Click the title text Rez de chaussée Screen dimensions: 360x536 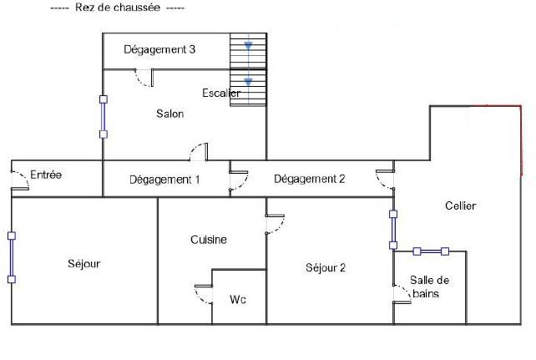tap(117, 8)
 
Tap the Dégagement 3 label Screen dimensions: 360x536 tap(159, 49)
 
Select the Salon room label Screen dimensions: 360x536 tap(169, 114)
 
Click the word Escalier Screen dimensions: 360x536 tap(221, 93)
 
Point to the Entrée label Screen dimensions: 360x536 tap(46, 175)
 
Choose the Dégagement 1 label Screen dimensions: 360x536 tap(164, 179)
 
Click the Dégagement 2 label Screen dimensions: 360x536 tap(309, 178)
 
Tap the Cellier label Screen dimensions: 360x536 tap(460, 205)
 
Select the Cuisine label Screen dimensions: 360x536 tap(208, 240)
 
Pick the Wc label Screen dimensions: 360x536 tap(237, 299)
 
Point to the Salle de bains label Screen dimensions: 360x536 tap(430, 286)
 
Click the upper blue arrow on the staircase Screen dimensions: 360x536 tap(248, 47)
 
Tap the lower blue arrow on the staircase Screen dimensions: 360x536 tap(248, 82)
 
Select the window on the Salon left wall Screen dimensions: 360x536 tap(104, 116)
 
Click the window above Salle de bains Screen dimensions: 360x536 tap(431, 251)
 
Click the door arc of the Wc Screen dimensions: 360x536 tap(202, 295)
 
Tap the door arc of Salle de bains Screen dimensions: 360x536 tap(402, 293)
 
